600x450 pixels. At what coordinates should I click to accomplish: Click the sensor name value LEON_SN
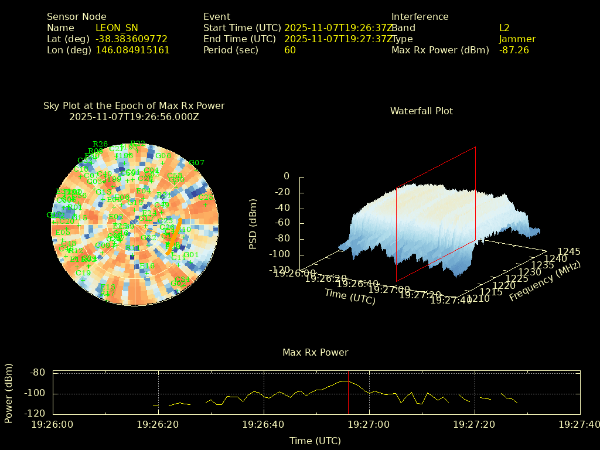117,28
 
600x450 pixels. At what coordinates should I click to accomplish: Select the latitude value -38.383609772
131,39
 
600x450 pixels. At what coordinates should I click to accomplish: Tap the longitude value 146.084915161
132,50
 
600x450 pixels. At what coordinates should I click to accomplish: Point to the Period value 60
290,50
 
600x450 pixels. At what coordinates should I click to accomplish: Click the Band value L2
504,28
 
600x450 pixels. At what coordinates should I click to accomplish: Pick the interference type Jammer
517,39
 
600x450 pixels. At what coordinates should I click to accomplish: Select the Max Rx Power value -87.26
514,50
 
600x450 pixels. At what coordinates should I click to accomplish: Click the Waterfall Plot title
421,111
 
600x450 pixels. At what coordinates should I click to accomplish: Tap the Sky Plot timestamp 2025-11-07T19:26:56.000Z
134,117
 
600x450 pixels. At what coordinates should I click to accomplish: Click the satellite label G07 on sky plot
196,163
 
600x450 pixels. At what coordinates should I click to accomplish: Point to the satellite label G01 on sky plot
192,255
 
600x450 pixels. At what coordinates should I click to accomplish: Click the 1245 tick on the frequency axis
569,251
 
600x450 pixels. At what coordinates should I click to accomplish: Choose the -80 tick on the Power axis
37,373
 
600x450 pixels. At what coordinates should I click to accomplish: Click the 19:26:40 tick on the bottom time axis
264,424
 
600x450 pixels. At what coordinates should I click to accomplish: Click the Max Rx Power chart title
315,353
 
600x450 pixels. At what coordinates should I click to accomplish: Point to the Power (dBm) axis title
9,393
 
